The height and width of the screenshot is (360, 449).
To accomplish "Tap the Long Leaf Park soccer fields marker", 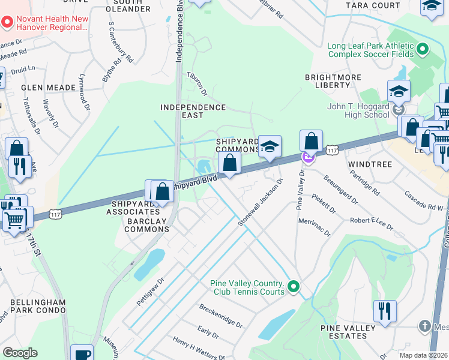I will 423,49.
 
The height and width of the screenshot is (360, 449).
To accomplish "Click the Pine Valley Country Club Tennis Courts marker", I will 293,287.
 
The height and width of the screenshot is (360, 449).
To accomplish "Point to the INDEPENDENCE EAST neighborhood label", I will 193,111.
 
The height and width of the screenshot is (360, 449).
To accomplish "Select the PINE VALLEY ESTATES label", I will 352,332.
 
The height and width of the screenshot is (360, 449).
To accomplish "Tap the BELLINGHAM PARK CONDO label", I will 33,306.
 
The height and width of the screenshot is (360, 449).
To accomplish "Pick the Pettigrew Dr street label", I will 150,291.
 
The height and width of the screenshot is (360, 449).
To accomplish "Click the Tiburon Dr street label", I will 196,85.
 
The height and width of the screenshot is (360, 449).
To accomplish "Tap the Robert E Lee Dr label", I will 372,224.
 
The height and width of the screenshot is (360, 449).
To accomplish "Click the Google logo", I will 20,352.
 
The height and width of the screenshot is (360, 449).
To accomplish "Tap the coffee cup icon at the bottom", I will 82,353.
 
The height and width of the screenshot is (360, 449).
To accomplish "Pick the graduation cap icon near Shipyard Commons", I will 270,146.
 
